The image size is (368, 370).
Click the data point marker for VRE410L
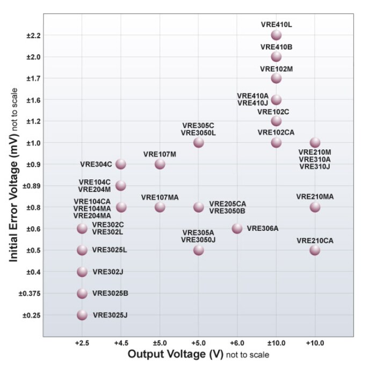click(x=276, y=35)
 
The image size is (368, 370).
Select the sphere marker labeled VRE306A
click(x=237, y=228)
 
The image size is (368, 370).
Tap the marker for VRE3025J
click(x=82, y=315)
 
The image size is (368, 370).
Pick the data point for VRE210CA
click(x=315, y=250)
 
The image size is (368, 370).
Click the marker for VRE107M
click(x=160, y=164)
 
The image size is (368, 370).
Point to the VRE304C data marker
click(x=121, y=164)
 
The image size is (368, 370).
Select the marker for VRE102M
click(x=276, y=78)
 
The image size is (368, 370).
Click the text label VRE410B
click(x=276, y=47)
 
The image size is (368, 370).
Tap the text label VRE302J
click(x=108, y=272)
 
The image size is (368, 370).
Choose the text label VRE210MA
click(x=315, y=197)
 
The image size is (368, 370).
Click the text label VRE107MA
click(x=160, y=197)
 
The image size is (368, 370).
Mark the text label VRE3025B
click(x=110, y=293)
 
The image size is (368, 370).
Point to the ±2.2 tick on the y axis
click(x=27, y=35)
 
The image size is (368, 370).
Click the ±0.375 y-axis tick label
click(x=25, y=293)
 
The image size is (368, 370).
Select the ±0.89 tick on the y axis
click(x=26, y=186)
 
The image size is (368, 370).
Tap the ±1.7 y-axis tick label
click(x=27, y=78)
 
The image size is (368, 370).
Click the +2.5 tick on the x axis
click(x=82, y=342)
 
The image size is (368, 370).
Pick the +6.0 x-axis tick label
click(x=237, y=342)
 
